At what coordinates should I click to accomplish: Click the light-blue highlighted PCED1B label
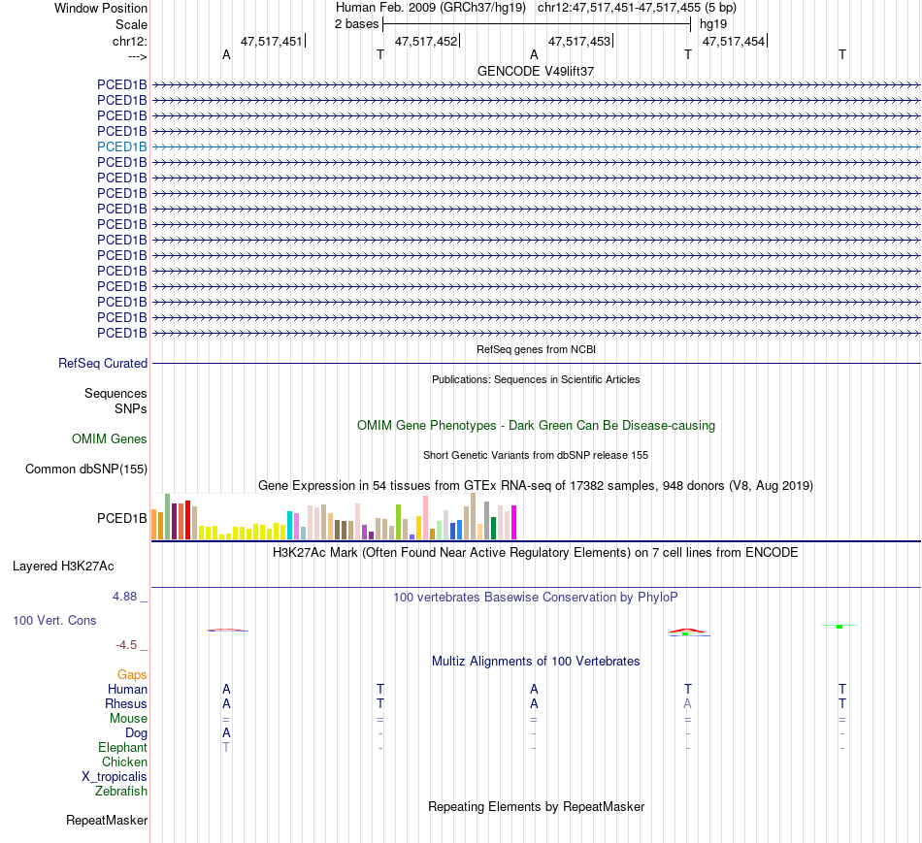pyautogui.click(x=122, y=146)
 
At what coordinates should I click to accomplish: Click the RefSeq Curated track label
pyautogui.click(x=103, y=364)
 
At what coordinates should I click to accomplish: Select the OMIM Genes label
pyautogui.click(x=110, y=439)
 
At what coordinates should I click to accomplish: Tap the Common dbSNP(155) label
pyautogui.click(x=86, y=470)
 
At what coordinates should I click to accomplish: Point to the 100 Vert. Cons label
pyautogui.click(x=54, y=620)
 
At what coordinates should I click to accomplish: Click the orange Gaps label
pyautogui.click(x=132, y=674)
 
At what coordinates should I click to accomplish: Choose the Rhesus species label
pyautogui.click(x=126, y=703)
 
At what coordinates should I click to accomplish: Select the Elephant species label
pyautogui.click(x=122, y=748)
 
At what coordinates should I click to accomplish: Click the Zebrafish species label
pyautogui.click(x=121, y=792)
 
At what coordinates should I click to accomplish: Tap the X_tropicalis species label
pyautogui.click(x=115, y=777)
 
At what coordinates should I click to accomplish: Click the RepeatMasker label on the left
pyautogui.click(x=107, y=821)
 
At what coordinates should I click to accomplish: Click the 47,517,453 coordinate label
pyautogui.click(x=579, y=41)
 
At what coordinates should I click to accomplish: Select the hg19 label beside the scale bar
pyautogui.click(x=713, y=22)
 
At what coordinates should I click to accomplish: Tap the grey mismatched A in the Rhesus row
pyautogui.click(x=688, y=703)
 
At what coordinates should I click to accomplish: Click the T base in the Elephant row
pyautogui.click(x=226, y=748)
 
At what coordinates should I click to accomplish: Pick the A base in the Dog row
pyautogui.click(x=226, y=732)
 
